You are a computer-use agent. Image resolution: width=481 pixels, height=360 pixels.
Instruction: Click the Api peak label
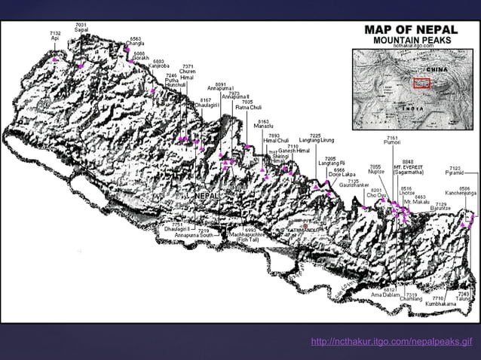(55, 37)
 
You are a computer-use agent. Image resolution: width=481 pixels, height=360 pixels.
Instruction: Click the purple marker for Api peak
(55, 59)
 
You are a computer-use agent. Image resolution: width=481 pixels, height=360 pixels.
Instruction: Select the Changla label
(136, 42)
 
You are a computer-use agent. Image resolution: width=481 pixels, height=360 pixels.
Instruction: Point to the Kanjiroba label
(159, 66)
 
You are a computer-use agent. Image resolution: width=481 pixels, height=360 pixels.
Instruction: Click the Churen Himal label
(188, 75)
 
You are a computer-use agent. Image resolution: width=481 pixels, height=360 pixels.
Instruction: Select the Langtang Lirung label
(316, 140)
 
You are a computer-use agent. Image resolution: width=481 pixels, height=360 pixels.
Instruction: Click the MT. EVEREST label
(408, 166)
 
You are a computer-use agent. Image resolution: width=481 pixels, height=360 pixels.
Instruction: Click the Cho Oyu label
(376, 195)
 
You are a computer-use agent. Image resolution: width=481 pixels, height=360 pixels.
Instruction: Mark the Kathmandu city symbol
(303, 224)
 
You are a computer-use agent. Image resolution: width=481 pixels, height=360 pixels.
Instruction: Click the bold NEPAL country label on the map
(208, 196)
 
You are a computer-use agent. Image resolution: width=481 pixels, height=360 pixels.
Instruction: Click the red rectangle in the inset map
(421, 83)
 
